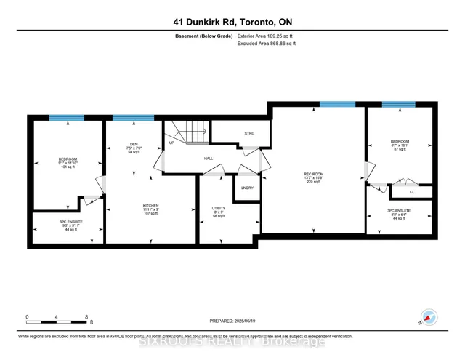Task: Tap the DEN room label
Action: (134, 143)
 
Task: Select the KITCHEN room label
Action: (150, 206)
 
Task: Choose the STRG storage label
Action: (249, 134)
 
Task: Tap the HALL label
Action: (208, 157)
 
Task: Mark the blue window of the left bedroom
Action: (67, 118)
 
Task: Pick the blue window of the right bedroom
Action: (398, 105)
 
